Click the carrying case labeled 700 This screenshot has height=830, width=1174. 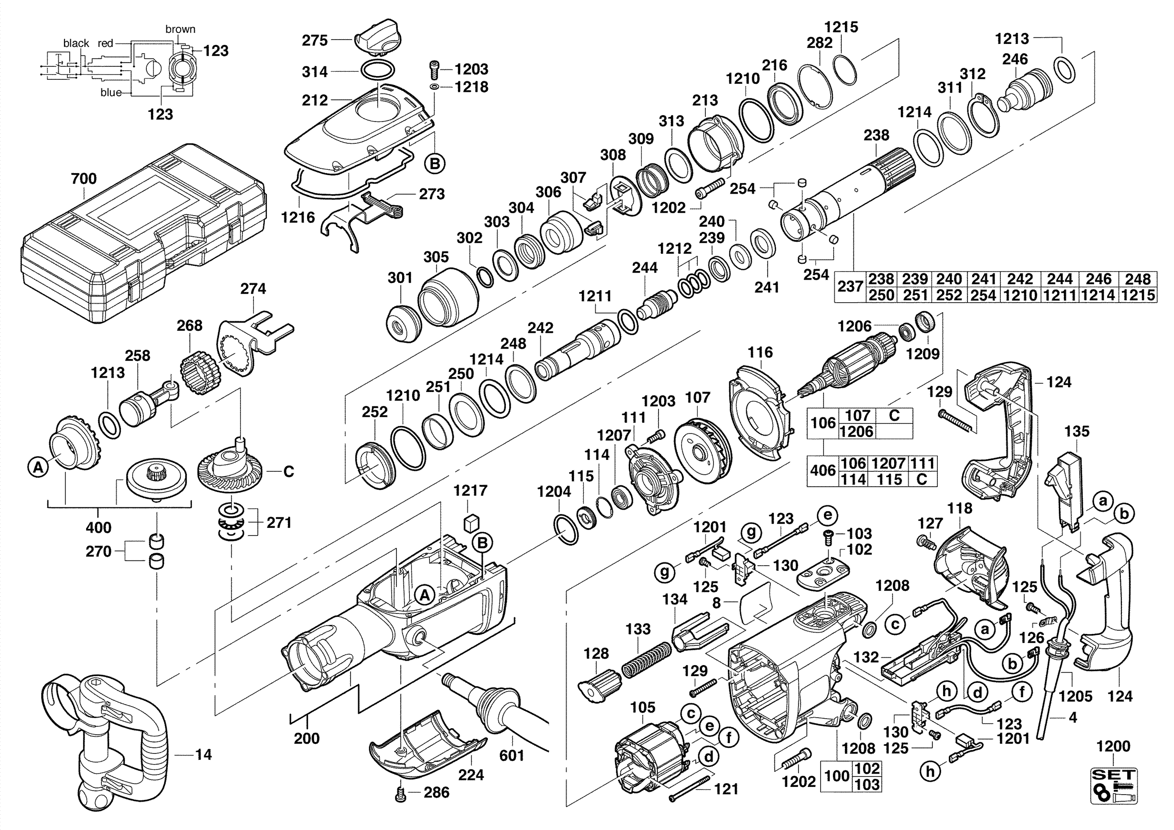click(143, 235)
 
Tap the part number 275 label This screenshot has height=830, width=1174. click(315, 40)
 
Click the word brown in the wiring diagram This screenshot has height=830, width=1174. click(180, 29)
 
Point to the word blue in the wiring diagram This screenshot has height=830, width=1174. click(111, 92)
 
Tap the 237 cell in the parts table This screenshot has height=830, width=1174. click(850, 286)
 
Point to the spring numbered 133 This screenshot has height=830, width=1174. click(647, 660)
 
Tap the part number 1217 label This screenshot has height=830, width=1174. click(471, 491)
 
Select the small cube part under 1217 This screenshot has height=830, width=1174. click(471, 524)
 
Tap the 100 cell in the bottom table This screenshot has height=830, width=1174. click(836, 776)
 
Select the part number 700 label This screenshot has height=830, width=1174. click(84, 178)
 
